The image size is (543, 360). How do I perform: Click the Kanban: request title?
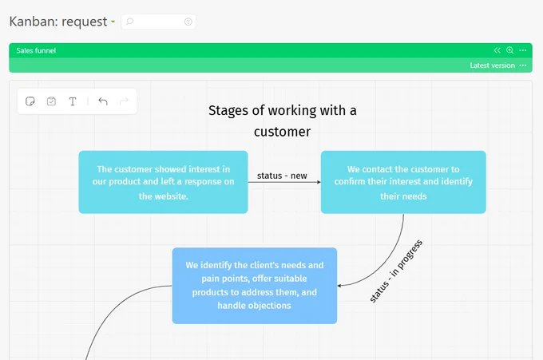[58, 22]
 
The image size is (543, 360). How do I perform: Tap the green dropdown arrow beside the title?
[113, 22]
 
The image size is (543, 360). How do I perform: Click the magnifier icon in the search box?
[129, 22]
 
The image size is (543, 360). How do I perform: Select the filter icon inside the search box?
[188, 22]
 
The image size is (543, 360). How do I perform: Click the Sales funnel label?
[36, 50]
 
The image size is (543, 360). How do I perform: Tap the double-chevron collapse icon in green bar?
[497, 50]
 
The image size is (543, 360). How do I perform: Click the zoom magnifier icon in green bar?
[509, 50]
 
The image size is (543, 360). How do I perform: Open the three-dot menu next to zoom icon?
[523, 50]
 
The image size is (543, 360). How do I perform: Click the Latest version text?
[492, 65]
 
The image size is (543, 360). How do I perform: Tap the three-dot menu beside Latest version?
[523, 65]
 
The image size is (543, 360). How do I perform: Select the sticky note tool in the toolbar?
[30, 101]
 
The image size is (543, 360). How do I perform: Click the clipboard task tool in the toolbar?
[51, 101]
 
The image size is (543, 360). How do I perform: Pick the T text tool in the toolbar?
[73, 101]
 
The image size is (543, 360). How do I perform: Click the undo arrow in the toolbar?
[103, 101]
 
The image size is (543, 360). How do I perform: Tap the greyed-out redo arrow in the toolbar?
[124, 101]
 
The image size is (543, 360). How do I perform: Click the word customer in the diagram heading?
[282, 132]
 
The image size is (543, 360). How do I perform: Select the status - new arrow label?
[282, 176]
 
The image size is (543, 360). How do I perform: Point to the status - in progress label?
[396, 271]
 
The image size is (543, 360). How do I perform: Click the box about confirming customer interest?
[403, 182]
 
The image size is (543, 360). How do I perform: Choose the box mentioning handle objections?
[255, 286]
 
